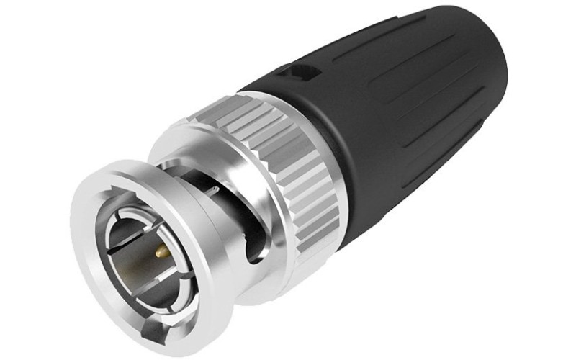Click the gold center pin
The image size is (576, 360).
pyautogui.click(x=160, y=253)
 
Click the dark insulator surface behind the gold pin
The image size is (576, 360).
pyautogui.click(x=137, y=259)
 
